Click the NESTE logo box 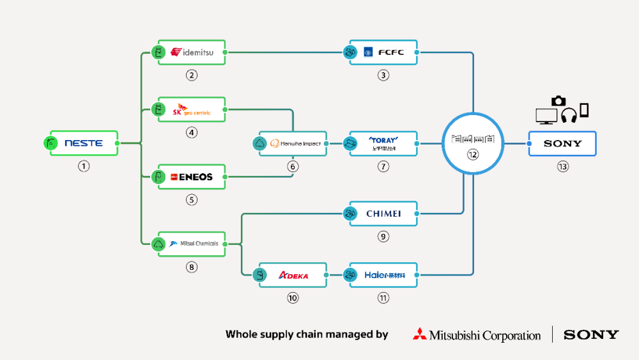[84, 143]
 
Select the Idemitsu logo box [191, 52]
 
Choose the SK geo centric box [191, 110]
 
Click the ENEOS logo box [191, 176]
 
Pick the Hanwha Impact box [293, 143]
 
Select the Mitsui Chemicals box [191, 244]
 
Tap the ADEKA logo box [293, 275]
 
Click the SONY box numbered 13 [562, 143]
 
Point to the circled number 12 [473, 154]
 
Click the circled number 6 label [293, 166]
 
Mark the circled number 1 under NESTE [84, 166]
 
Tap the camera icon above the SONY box [558, 100]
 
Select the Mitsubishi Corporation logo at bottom [477, 334]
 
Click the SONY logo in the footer [591, 334]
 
